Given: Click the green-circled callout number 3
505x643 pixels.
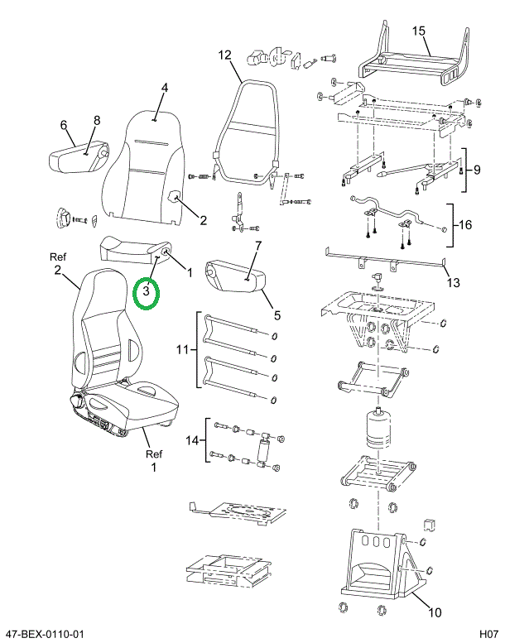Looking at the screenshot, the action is (146, 291).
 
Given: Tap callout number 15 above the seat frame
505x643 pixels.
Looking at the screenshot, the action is (418, 31).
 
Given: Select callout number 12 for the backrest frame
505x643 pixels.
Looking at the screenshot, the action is (224, 55).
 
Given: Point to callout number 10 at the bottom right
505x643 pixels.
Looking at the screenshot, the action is (435, 612).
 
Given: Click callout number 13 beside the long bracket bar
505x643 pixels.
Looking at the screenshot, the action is (453, 282).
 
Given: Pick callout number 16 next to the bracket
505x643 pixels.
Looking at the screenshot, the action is (465, 225).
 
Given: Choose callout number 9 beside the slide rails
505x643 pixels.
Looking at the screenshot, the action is (476, 170).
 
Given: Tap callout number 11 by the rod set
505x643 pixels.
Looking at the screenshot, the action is (183, 350).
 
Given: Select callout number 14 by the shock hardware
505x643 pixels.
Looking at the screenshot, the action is (192, 440).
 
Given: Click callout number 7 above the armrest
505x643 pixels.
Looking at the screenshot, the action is (257, 246).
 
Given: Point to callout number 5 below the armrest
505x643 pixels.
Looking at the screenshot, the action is (277, 315).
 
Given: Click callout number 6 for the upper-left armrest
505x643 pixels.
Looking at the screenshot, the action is (64, 125).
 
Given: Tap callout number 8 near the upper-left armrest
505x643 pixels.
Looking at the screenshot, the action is (97, 120).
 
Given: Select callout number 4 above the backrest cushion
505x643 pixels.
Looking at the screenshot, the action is (165, 88).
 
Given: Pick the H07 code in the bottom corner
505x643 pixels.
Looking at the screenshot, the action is (488, 634).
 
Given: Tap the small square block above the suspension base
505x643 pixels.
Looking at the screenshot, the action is (429, 525).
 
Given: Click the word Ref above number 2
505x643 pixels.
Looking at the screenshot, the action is (58, 257).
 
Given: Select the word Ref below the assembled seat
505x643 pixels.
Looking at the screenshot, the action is (154, 454).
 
